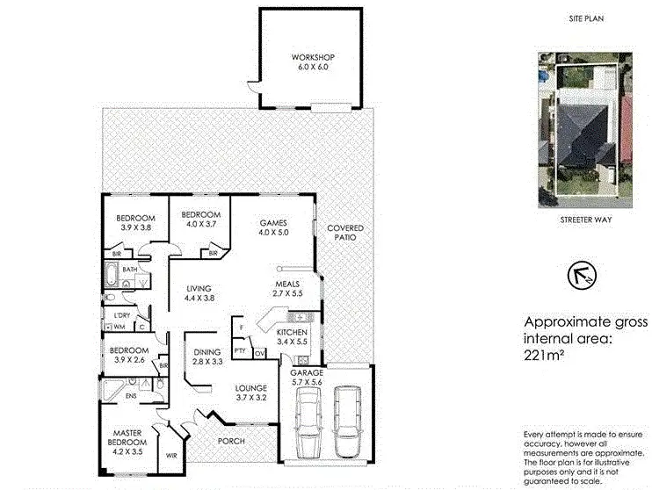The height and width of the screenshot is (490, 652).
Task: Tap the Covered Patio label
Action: tap(344, 233)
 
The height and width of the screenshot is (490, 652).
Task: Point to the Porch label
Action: tap(232, 441)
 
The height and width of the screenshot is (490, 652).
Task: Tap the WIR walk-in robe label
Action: tap(172, 457)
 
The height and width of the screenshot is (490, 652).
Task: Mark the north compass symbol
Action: tap(583, 273)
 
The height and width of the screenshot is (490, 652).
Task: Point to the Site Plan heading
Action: tap(586, 17)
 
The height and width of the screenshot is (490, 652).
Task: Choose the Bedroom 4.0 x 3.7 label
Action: tap(201, 220)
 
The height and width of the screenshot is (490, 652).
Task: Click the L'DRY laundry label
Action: tap(117, 314)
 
